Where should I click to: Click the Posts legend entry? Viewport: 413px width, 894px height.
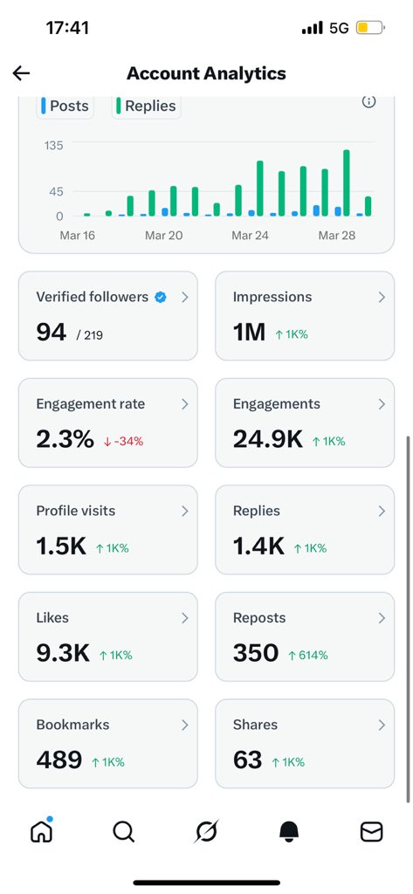[x=65, y=106]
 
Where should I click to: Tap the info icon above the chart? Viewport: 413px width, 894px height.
[x=369, y=102]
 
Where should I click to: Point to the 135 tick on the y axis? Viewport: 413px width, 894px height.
[x=53, y=145]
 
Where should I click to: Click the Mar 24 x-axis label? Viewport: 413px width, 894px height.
[x=249, y=236]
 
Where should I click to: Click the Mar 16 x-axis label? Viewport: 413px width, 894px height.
[x=78, y=236]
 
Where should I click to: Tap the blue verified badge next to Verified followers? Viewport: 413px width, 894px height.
[x=160, y=298]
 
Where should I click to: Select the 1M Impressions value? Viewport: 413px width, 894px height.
[x=249, y=332]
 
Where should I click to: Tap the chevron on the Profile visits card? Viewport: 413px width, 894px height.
[x=184, y=512]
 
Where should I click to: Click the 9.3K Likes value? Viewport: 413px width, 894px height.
[x=63, y=653]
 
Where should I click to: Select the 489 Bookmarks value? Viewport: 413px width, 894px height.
[x=59, y=760]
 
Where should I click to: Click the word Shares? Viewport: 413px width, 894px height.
[x=255, y=725]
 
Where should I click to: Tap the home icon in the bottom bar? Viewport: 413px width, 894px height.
[x=41, y=832]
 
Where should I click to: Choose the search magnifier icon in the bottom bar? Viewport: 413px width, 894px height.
[x=123, y=833]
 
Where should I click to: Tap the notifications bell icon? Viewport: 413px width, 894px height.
[x=289, y=833]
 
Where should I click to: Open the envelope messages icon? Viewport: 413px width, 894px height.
[x=371, y=833]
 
